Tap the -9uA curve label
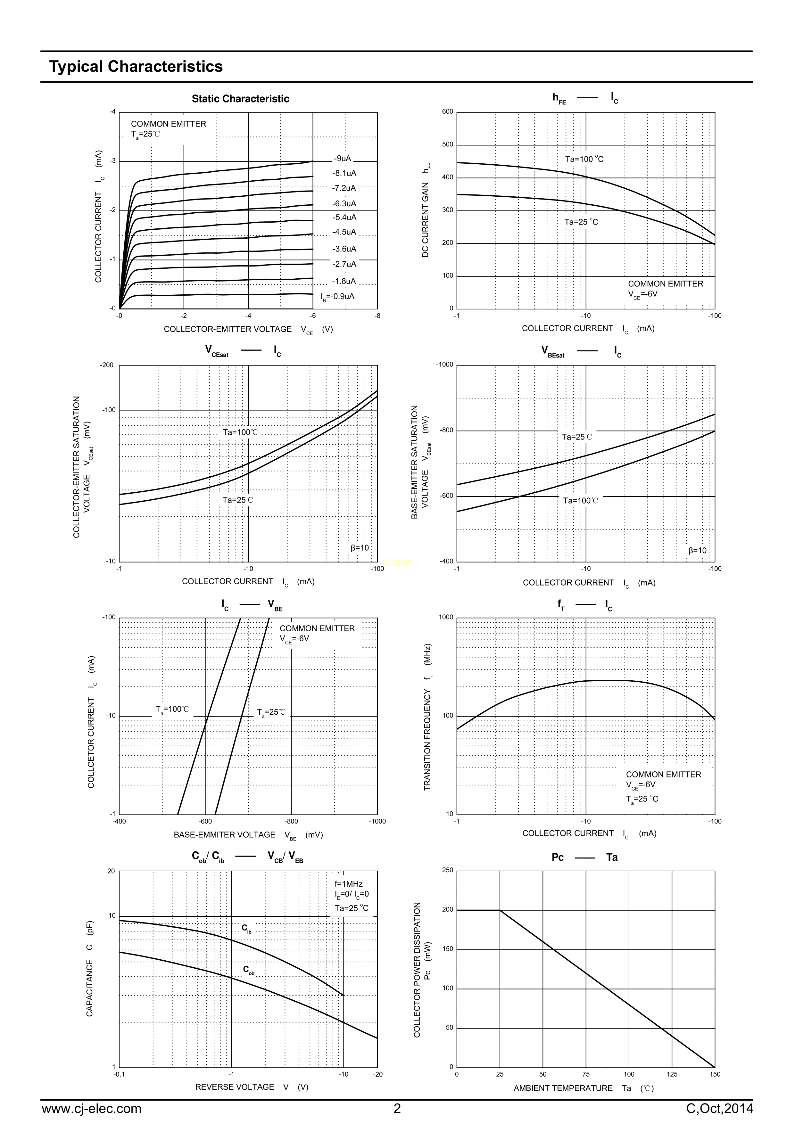tap(343, 159)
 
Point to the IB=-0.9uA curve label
tap(337, 297)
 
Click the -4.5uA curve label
tap(344, 232)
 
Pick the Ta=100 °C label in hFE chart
tap(584, 159)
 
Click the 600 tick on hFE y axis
tap(448, 111)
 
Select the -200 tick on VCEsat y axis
tap(107, 365)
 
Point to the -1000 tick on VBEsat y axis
tap(445, 365)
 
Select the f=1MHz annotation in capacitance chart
tap(349, 884)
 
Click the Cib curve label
tap(246, 928)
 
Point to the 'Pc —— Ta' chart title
tap(584, 857)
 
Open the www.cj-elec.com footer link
tap(92, 1108)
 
